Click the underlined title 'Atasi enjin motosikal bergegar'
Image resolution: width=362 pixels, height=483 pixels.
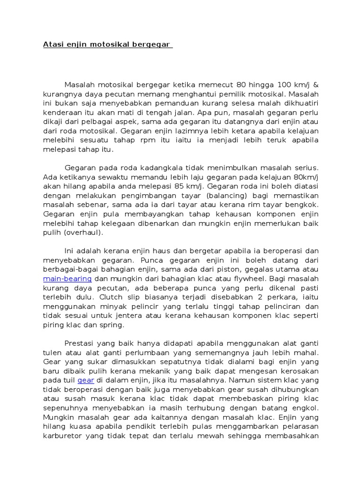point(107,45)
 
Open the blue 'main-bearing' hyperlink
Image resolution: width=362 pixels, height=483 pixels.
point(67,279)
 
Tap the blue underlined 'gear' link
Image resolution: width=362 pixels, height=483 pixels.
point(86,380)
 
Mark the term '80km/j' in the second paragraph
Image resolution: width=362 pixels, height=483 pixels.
point(304,177)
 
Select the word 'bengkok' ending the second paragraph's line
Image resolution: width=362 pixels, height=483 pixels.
point(304,205)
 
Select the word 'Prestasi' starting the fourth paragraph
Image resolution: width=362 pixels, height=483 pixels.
point(79,343)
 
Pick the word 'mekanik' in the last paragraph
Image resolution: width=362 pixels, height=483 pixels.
point(154,371)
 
